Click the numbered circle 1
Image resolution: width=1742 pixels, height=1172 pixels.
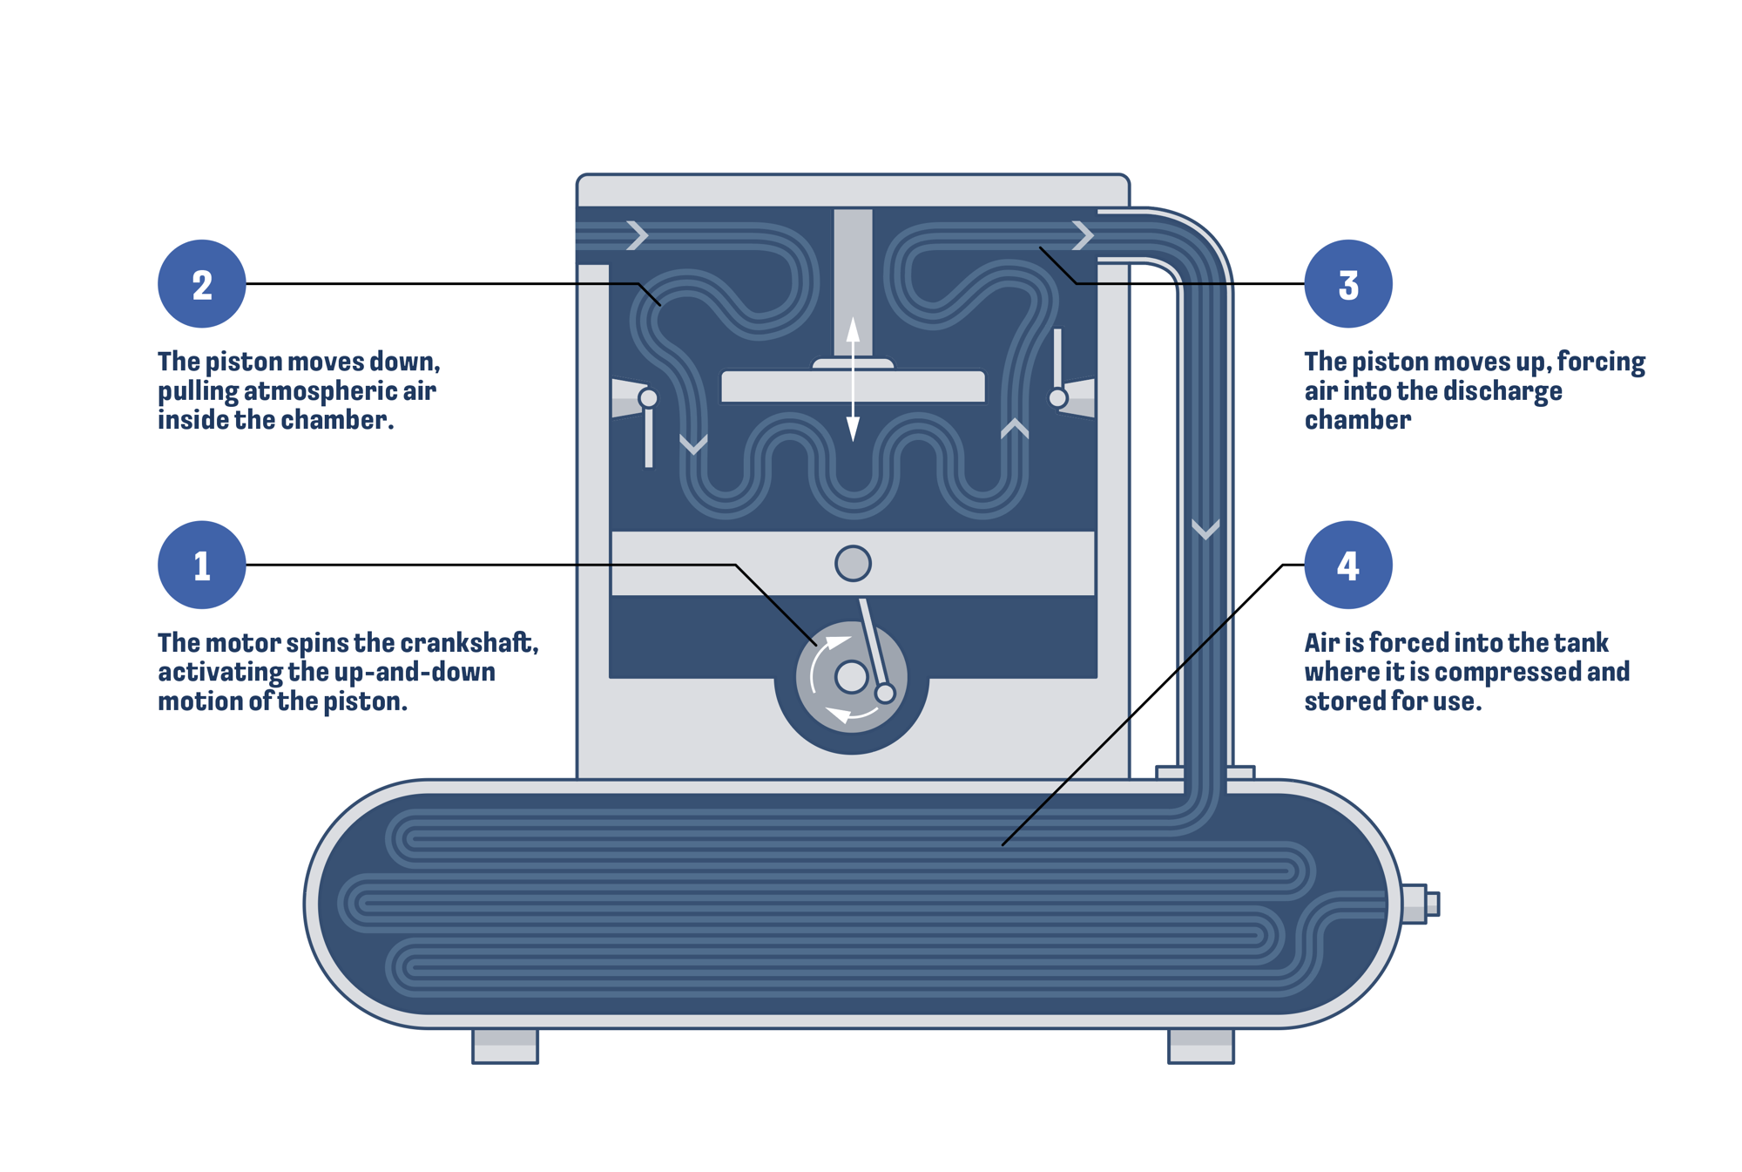coord(201,565)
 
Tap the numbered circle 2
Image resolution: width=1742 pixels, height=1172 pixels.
coord(201,283)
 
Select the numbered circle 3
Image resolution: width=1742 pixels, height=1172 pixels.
coord(1347,283)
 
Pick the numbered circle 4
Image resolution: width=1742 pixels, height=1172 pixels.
coord(1347,565)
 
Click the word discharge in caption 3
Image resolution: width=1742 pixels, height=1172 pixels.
coord(1505,391)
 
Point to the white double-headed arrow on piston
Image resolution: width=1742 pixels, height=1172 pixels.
coord(853,379)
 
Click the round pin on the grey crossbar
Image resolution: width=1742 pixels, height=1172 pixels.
coord(853,563)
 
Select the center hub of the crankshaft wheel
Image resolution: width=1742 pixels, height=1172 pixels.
coord(851,676)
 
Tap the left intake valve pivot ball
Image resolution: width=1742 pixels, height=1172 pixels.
coord(648,398)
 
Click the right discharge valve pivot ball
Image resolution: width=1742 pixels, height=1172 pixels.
coord(1057,398)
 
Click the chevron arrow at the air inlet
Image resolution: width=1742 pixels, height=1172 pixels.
coord(638,234)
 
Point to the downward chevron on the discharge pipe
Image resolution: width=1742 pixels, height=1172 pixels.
coord(1205,528)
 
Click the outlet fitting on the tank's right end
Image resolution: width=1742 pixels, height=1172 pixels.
coord(1420,904)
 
